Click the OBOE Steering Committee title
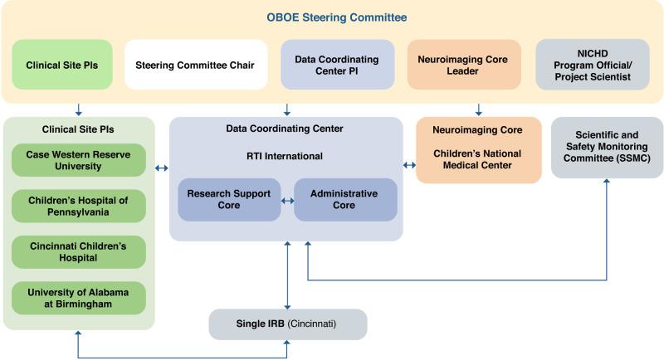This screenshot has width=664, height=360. [x=331, y=17]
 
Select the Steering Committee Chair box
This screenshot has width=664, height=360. [x=196, y=65]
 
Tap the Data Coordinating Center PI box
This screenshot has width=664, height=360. [x=336, y=65]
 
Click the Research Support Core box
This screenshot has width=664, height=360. [x=229, y=200]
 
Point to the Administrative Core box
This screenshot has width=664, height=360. [x=345, y=200]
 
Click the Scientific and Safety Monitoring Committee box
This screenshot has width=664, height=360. [x=607, y=147]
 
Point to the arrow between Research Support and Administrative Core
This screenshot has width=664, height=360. [x=287, y=200]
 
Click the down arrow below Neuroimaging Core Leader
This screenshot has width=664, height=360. [x=478, y=108]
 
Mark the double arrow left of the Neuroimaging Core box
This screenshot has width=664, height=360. [x=409, y=165]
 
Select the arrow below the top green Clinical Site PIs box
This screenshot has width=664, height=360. [x=77, y=108]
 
